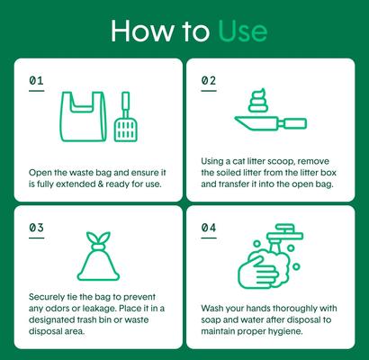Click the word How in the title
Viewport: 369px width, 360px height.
click(x=139, y=31)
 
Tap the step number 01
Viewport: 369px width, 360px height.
click(x=36, y=81)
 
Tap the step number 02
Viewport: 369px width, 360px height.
click(x=208, y=81)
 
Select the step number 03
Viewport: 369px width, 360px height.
click(x=36, y=228)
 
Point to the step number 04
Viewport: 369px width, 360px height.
click(x=208, y=228)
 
